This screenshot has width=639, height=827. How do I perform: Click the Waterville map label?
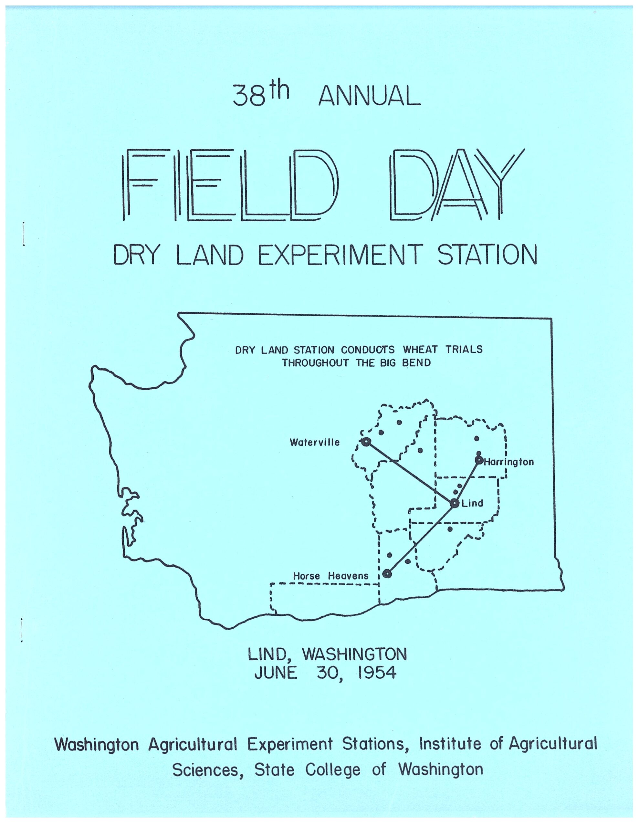314,442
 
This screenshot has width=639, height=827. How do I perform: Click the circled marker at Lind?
455,503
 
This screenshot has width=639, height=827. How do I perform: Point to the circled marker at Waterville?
366,442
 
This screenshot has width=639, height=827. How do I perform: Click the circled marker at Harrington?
479,460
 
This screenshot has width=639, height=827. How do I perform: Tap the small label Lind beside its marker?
472,503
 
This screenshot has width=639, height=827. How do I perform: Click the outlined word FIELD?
228,184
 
